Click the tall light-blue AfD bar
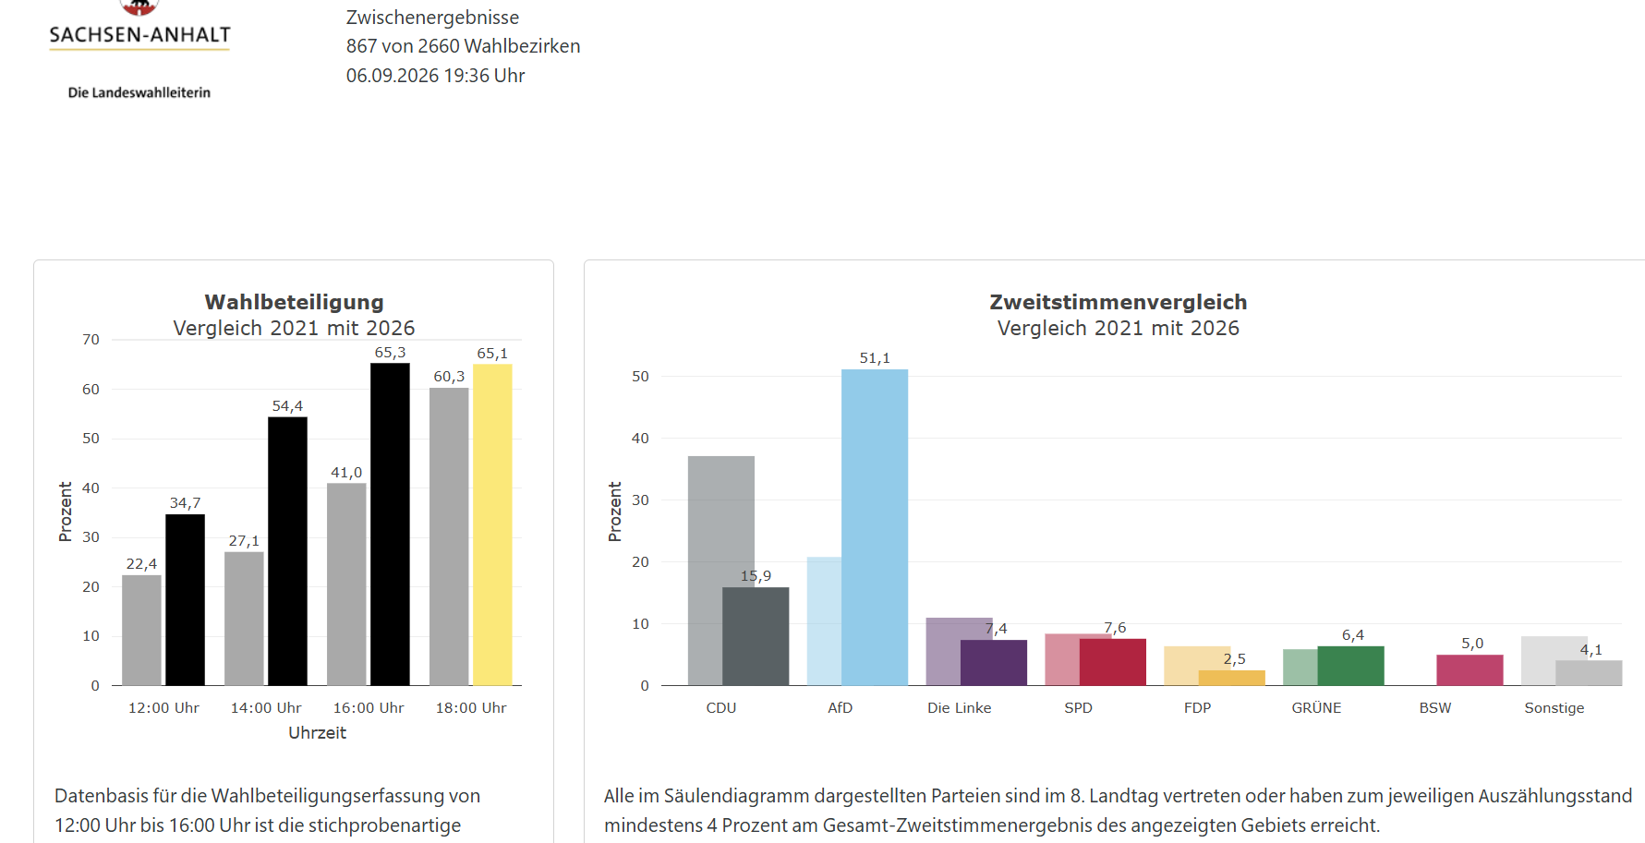(875, 527)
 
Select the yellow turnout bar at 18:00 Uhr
(492, 524)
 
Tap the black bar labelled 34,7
(185, 599)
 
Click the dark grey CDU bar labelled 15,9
(756, 636)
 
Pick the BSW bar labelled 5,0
(1470, 669)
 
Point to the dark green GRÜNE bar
(1350, 666)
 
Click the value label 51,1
(875, 358)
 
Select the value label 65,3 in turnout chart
(390, 353)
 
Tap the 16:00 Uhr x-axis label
(369, 708)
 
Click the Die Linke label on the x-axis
(959, 708)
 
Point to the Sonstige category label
(1554, 708)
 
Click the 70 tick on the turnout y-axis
(91, 340)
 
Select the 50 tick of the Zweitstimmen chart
(640, 377)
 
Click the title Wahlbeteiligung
(294, 302)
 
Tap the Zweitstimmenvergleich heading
(1118, 302)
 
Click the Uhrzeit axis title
(317, 733)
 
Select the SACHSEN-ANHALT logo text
(139, 35)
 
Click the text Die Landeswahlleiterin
(139, 92)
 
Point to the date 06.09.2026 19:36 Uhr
(435, 76)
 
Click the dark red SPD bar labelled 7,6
(1112, 662)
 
